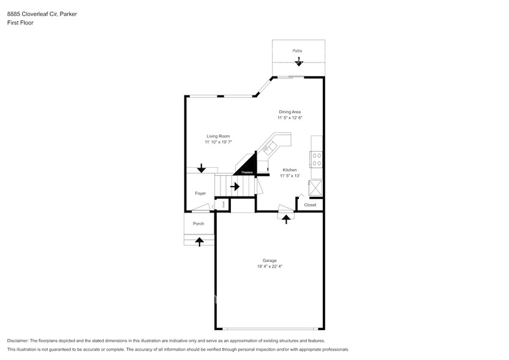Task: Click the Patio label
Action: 297,51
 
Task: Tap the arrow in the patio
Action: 298,61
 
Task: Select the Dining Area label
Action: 290,112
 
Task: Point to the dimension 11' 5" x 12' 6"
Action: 290,118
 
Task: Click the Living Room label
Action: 217,136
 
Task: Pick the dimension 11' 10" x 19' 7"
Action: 218,142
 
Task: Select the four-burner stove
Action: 317,160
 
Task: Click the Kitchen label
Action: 290,170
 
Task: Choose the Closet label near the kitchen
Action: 310,205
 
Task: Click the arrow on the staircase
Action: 235,186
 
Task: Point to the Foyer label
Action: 200,193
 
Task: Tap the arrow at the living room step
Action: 201,168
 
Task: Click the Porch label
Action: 198,223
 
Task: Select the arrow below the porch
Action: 198,242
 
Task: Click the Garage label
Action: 270,260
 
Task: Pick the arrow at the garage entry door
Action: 286,219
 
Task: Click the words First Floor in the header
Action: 20,23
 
